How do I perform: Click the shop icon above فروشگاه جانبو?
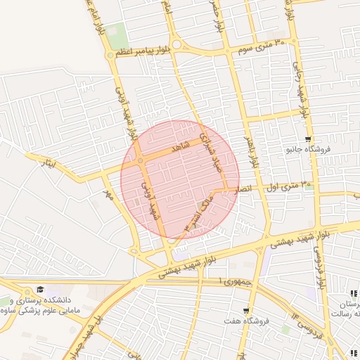pos(309,139)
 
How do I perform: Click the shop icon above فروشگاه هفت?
pos(245,310)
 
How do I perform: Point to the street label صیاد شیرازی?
pos(208,148)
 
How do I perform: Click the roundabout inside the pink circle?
pos(141,161)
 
